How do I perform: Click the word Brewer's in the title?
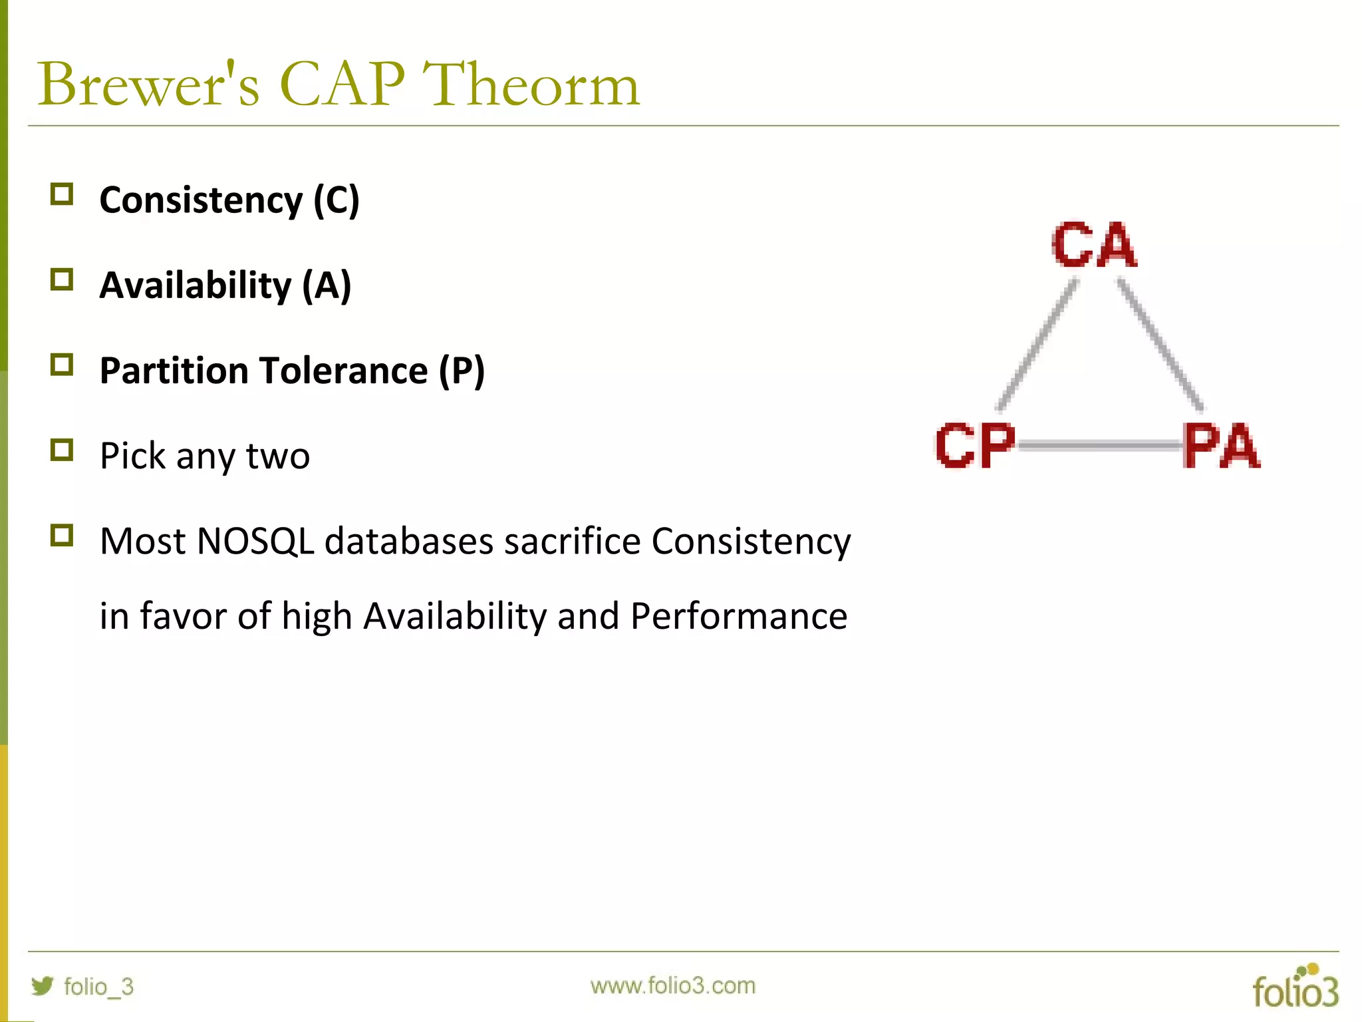pyautogui.click(x=148, y=85)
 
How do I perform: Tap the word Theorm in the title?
pyautogui.click(x=531, y=85)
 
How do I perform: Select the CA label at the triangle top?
pyautogui.click(x=1094, y=245)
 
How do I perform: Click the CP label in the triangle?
pyautogui.click(x=975, y=446)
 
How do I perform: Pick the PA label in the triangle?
pyautogui.click(x=1221, y=446)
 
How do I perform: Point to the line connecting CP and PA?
pyautogui.click(x=1097, y=446)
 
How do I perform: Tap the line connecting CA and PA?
pyautogui.click(x=1160, y=345)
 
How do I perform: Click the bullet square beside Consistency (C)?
pyautogui.click(x=62, y=194)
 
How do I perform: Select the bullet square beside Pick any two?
pyautogui.click(x=62, y=450)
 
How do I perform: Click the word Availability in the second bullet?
pyautogui.click(x=196, y=286)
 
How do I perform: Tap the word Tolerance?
pyautogui.click(x=344, y=371)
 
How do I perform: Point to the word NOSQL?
pyautogui.click(x=255, y=541)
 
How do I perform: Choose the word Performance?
pyautogui.click(x=739, y=616)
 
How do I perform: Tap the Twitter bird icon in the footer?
pyautogui.click(x=43, y=985)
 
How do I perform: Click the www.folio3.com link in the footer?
pyautogui.click(x=673, y=985)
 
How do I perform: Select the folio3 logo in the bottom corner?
pyautogui.click(x=1295, y=987)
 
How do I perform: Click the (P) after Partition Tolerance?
pyautogui.click(x=462, y=371)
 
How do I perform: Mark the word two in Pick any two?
pyautogui.click(x=278, y=456)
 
